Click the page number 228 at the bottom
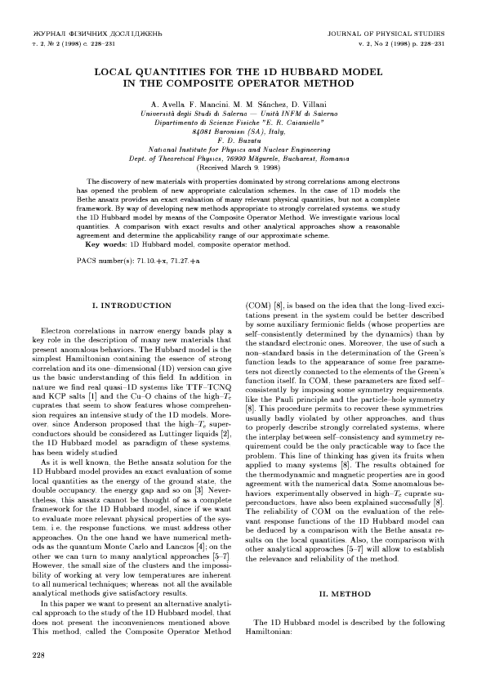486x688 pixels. [x=38, y=655]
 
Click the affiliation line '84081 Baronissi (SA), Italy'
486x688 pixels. [x=243, y=130]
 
